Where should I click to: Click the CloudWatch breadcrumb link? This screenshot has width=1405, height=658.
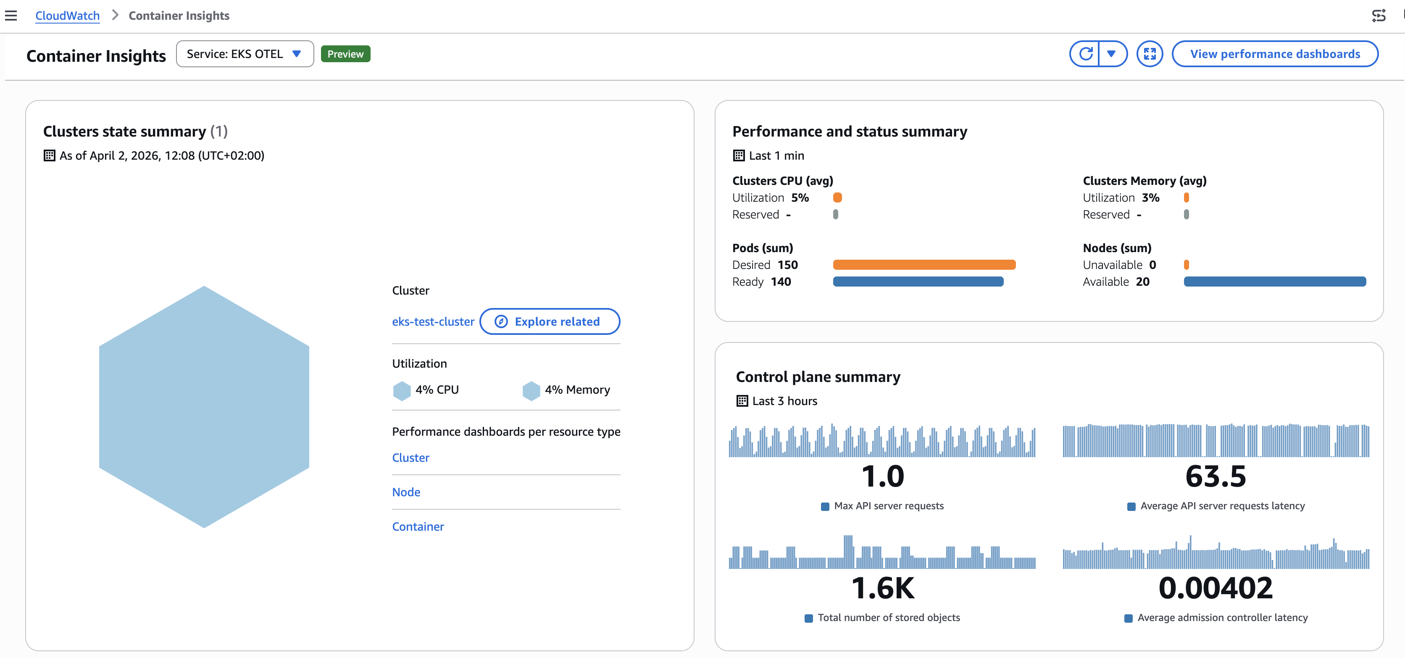pyautogui.click(x=67, y=16)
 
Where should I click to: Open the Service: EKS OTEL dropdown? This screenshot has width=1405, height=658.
pyautogui.click(x=245, y=54)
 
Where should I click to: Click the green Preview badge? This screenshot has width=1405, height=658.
pyautogui.click(x=345, y=54)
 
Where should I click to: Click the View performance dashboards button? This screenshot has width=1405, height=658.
pyautogui.click(x=1275, y=54)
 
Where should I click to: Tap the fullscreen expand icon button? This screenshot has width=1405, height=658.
pyautogui.click(x=1150, y=54)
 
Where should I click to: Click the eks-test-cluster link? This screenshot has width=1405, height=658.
pyautogui.click(x=433, y=322)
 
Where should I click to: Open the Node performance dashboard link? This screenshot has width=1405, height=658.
pyautogui.click(x=406, y=492)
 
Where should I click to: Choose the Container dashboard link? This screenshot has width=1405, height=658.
pyautogui.click(x=418, y=526)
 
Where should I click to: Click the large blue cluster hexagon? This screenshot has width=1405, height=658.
pyautogui.click(x=204, y=406)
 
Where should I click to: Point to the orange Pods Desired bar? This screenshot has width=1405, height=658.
pyautogui.click(x=924, y=265)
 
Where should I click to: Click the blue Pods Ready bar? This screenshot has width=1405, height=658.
pyautogui.click(x=918, y=282)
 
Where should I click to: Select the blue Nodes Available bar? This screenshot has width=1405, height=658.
pyautogui.click(x=1275, y=282)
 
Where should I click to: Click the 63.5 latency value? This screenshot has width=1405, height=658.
pyautogui.click(x=1215, y=476)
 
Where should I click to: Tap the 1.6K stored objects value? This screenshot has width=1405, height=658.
pyautogui.click(x=882, y=588)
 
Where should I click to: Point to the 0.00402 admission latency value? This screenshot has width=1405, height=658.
pyautogui.click(x=1215, y=588)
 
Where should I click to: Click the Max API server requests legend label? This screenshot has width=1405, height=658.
pyautogui.click(x=889, y=506)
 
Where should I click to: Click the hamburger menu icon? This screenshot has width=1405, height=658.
pyautogui.click(x=11, y=16)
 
